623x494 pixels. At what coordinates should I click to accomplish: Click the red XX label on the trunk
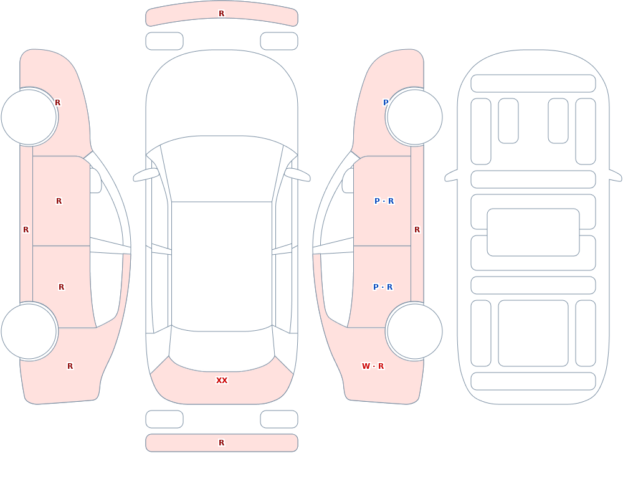[222, 381]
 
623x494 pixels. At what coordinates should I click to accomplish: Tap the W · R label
[373, 366]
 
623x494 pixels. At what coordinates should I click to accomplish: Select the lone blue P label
[386, 103]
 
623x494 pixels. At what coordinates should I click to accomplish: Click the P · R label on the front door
[384, 201]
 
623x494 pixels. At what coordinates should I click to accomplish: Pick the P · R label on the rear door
[383, 287]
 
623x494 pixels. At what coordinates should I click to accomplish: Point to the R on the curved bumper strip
[222, 14]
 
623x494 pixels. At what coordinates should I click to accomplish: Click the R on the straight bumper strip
[222, 443]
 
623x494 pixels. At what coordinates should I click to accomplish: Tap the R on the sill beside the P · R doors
[417, 230]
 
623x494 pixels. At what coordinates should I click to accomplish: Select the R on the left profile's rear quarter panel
[70, 366]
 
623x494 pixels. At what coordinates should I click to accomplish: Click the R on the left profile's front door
[59, 201]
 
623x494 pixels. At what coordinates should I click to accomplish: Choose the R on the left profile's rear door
[61, 287]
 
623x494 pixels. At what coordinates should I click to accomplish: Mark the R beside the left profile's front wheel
[57, 103]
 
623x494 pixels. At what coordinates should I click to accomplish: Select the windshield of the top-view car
[222, 169]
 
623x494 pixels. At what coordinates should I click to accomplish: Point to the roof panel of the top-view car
[222, 266]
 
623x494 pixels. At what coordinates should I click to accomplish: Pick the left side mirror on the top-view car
[146, 175]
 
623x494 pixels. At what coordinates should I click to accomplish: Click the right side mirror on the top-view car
[297, 175]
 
